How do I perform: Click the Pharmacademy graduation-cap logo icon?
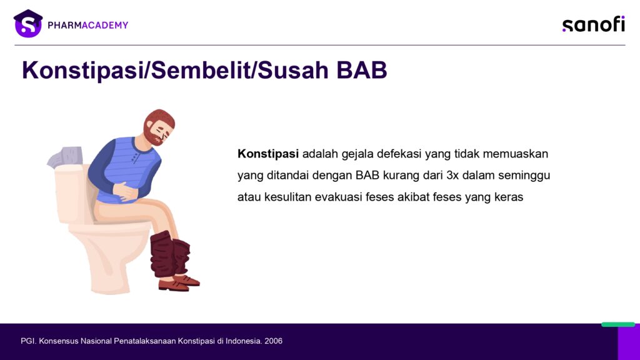27,24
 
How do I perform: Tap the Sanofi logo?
594,24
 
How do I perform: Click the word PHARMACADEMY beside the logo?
87,25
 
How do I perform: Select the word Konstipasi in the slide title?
83,70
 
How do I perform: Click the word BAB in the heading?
362,70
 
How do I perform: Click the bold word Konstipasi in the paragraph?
268,154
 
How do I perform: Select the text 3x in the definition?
452,176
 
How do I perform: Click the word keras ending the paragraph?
509,197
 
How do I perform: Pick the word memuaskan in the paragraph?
516,154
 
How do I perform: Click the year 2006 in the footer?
274,341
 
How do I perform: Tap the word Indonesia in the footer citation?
243,341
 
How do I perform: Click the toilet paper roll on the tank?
65,157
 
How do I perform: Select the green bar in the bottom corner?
618,324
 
